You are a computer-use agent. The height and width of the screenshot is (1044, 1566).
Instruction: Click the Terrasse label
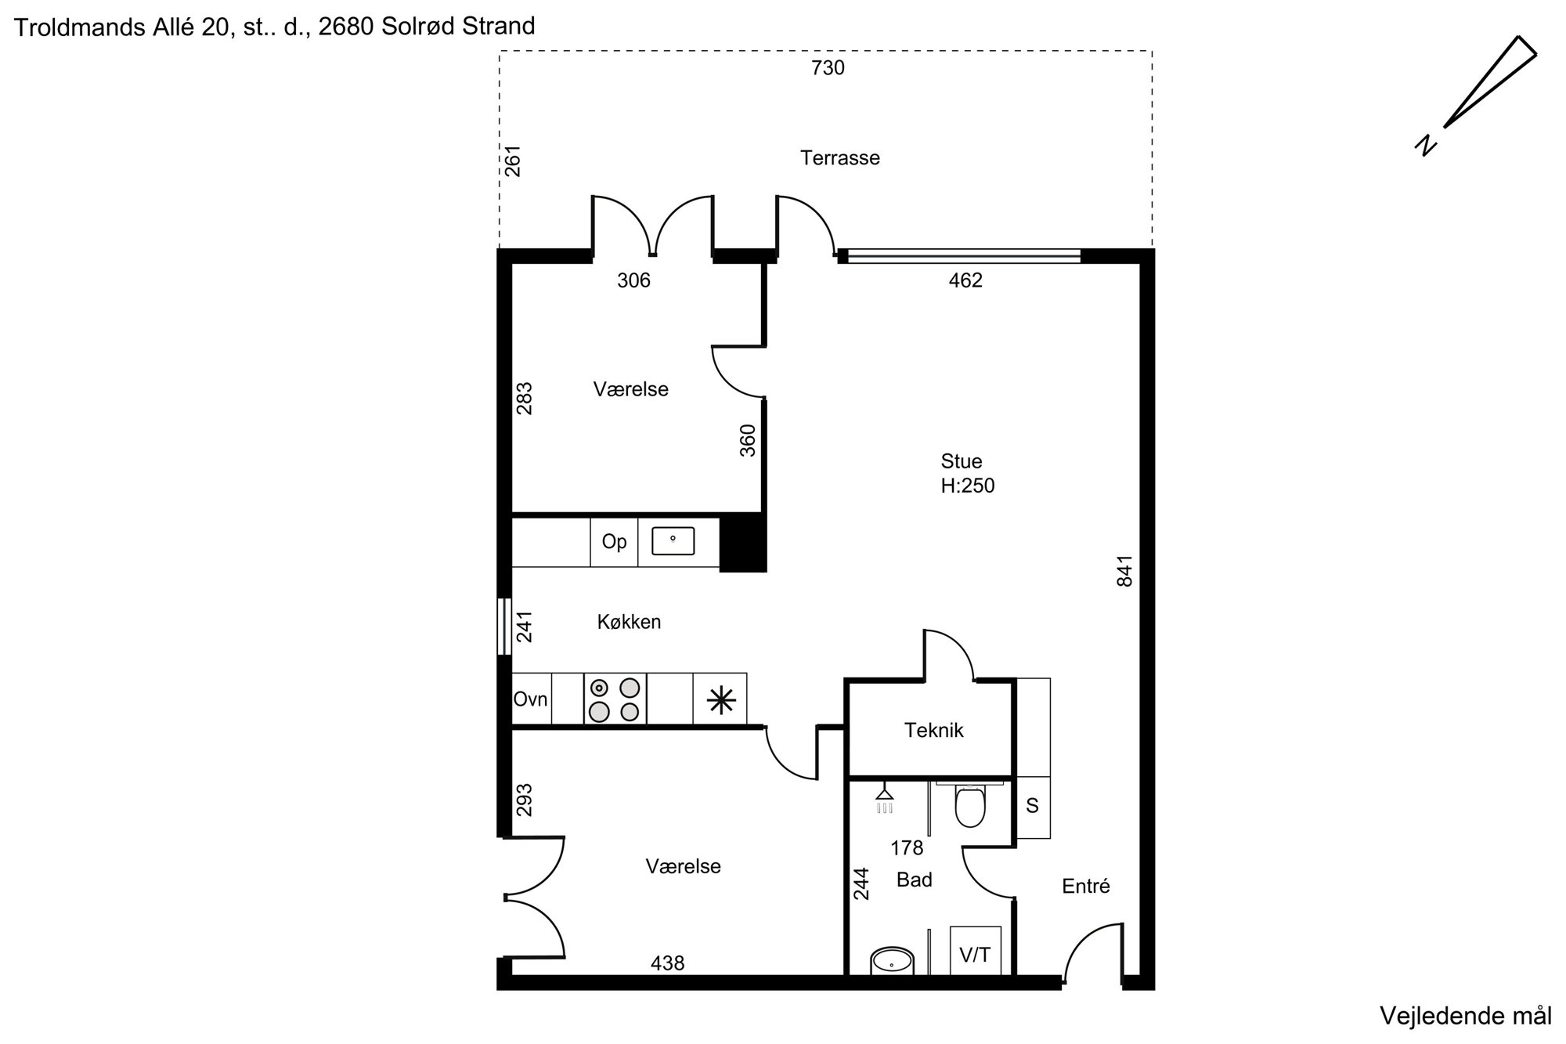[839, 158]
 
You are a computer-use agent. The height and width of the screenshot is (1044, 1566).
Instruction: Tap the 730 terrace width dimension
[828, 68]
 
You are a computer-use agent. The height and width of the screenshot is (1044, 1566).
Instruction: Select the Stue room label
[961, 461]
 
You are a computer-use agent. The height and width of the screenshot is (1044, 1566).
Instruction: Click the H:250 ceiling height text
[968, 486]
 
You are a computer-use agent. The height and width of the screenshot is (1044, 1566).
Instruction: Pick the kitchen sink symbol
[673, 540]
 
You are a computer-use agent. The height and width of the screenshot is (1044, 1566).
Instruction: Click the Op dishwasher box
[614, 542]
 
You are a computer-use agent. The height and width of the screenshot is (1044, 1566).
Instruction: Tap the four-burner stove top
[615, 699]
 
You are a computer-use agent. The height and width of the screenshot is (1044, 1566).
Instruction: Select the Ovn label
[530, 699]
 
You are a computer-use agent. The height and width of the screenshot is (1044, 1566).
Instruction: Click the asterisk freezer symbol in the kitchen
[720, 700]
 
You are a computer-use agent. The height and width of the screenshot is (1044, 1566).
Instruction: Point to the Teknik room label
[933, 731]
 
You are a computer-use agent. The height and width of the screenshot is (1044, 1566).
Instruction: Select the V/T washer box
[975, 951]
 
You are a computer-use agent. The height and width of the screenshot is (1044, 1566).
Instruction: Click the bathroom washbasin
[892, 962]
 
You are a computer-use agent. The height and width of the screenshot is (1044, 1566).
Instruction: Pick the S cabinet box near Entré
[1033, 807]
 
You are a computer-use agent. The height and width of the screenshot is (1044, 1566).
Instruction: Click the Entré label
[1086, 886]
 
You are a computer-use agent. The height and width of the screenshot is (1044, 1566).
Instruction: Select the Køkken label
[629, 622]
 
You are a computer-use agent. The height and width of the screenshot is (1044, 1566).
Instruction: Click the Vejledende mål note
[1465, 1017]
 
